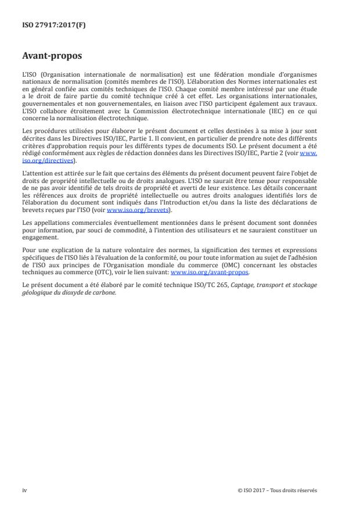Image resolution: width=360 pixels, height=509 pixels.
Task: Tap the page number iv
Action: (x=24, y=490)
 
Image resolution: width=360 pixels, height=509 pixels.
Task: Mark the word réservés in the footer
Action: (x=307, y=490)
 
